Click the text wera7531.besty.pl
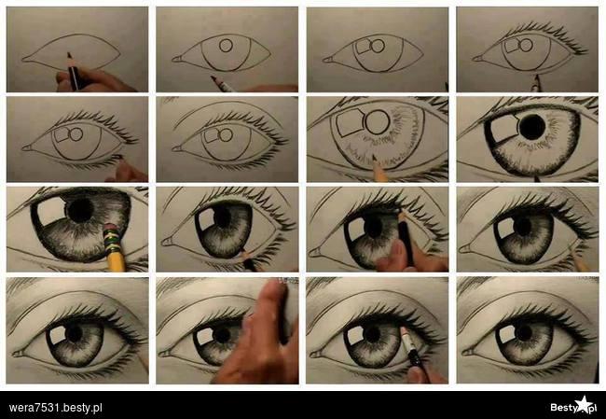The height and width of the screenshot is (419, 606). click(55, 408)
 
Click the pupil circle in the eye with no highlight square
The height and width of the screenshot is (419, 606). click(226, 46)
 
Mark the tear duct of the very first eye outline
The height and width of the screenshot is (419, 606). click(25, 60)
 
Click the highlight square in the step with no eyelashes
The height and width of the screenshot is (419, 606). click(363, 46)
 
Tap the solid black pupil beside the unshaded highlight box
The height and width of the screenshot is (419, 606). click(532, 127)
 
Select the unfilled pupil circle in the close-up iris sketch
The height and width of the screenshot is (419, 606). click(378, 122)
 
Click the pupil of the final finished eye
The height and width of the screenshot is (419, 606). click(524, 333)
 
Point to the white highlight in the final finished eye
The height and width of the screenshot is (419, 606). click(505, 334)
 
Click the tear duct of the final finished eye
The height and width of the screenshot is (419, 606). click(467, 353)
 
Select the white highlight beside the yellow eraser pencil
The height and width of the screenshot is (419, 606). click(51, 211)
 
